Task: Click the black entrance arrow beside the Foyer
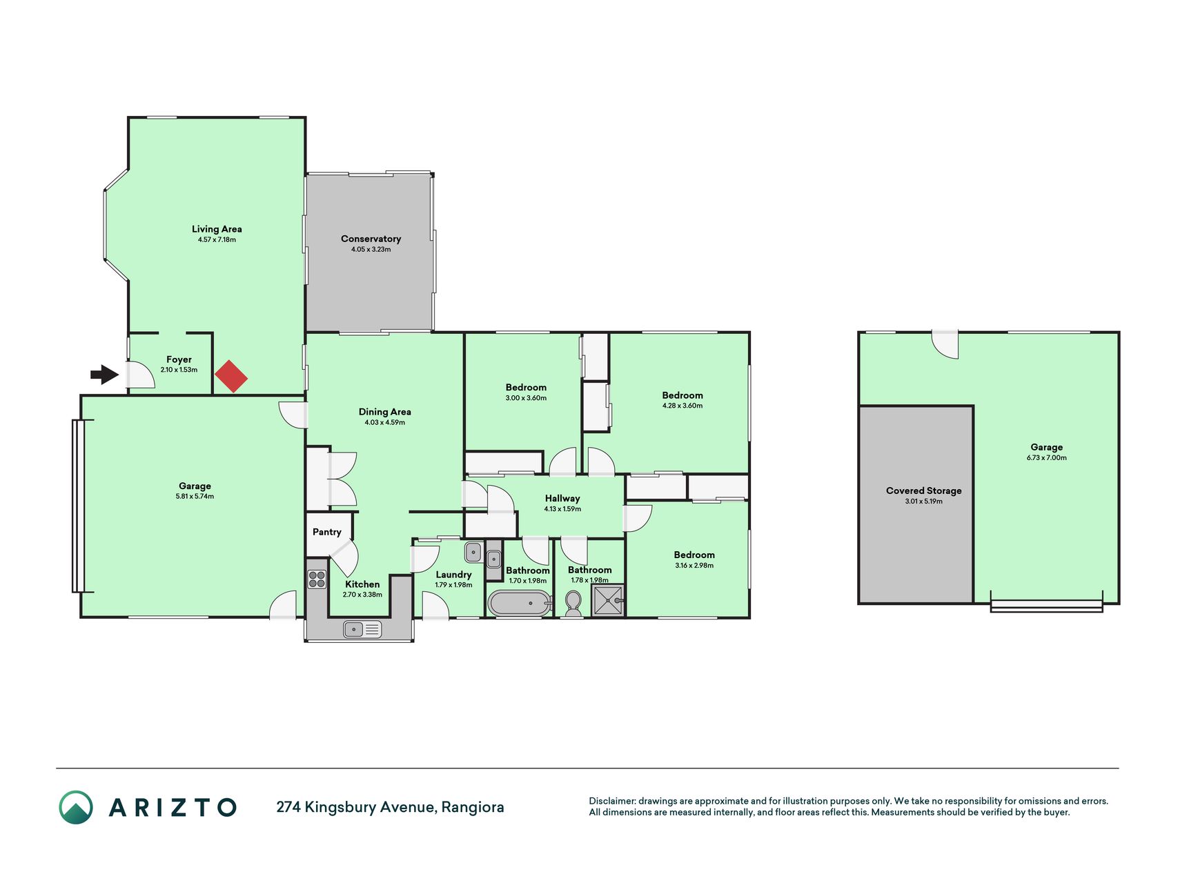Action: click(105, 375)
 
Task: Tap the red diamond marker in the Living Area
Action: click(231, 377)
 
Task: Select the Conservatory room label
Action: click(371, 239)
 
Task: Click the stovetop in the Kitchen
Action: click(317, 579)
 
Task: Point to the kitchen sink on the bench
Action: click(362, 629)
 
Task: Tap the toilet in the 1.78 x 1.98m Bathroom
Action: click(573, 604)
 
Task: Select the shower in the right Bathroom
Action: click(608, 601)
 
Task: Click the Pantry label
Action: click(327, 532)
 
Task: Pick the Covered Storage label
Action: click(923, 490)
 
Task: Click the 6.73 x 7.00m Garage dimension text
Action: click(1046, 457)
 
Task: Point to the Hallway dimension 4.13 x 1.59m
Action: click(562, 509)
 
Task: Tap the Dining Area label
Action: click(384, 412)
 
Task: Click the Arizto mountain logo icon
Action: click(76, 807)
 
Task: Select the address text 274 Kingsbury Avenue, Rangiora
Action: click(390, 807)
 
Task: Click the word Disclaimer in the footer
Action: click(611, 801)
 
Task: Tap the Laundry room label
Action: click(453, 575)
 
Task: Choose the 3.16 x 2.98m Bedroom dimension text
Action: click(694, 566)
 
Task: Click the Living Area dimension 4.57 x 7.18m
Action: click(217, 240)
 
